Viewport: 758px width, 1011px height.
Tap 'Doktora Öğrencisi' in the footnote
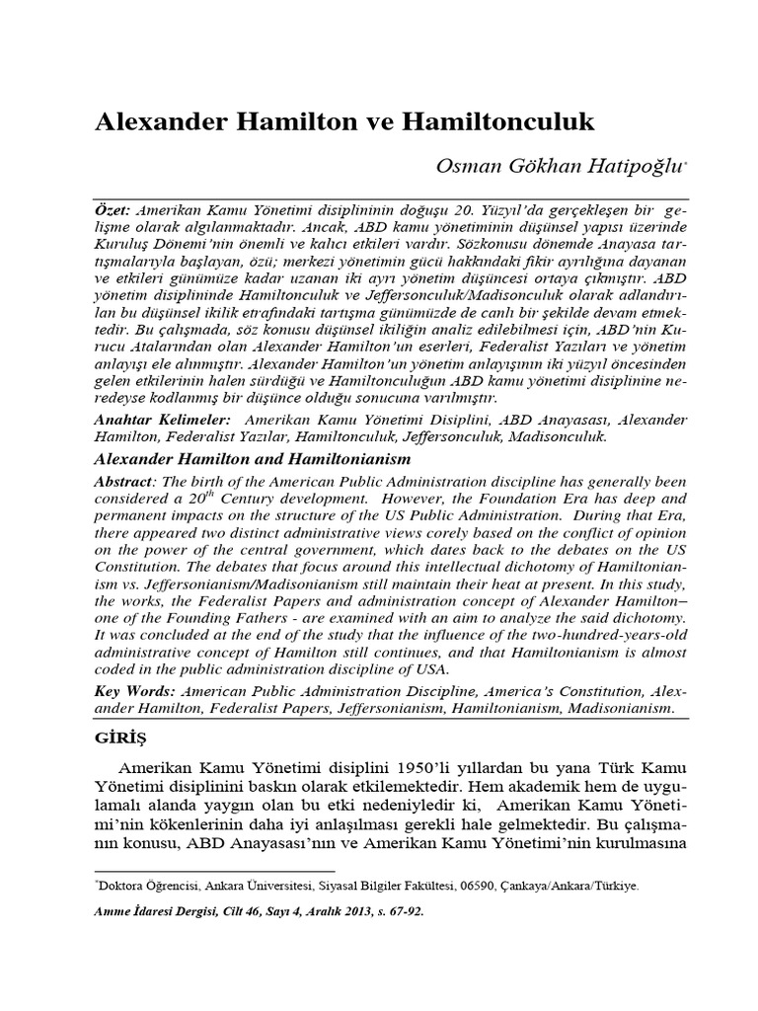(139, 887)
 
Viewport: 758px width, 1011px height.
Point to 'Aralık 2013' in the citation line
(330, 912)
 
